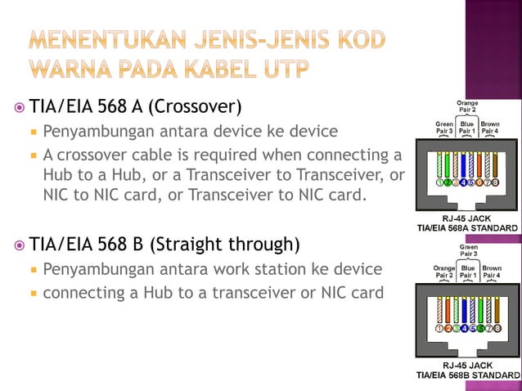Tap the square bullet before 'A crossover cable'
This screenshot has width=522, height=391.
(x=34, y=155)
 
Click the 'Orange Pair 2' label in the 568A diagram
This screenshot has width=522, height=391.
(x=467, y=106)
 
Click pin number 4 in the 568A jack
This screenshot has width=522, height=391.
(x=464, y=183)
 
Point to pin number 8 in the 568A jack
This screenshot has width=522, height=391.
(x=495, y=183)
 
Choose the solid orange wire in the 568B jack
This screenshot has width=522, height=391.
(x=448, y=309)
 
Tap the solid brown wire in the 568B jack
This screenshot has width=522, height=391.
(x=495, y=309)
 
